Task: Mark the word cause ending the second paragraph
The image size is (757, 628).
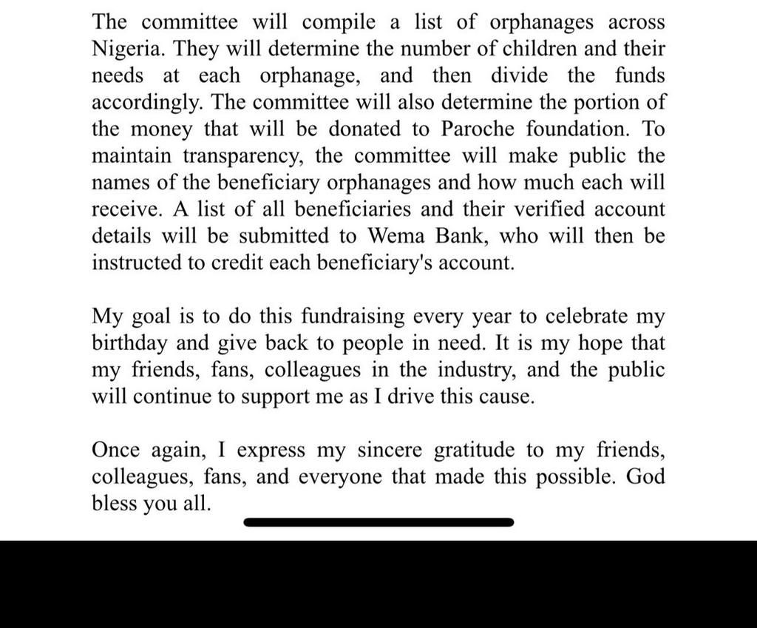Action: [504, 396]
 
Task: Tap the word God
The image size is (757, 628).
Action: [645, 476]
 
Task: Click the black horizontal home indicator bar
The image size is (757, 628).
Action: [378, 522]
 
